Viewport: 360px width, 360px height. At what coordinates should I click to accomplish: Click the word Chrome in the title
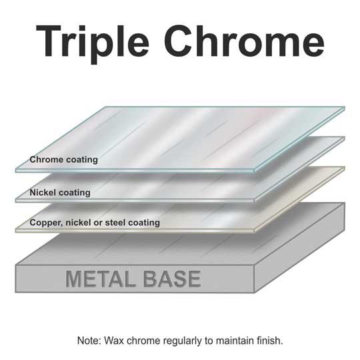(244, 41)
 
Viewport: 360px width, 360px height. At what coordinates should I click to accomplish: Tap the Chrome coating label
(63, 159)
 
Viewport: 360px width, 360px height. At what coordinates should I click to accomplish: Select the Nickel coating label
(60, 193)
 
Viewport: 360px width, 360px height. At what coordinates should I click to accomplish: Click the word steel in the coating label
(115, 222)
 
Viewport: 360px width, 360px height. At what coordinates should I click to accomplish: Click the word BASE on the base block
(172, 279)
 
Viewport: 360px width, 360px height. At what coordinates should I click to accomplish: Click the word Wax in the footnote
(114, 341)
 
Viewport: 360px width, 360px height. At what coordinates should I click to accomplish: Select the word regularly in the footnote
(183, 341)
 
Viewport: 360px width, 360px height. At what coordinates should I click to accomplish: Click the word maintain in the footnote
(235, 341)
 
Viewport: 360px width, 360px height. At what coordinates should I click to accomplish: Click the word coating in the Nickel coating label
(75, 193)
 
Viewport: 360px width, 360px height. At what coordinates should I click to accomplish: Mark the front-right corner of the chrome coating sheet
(254, 171)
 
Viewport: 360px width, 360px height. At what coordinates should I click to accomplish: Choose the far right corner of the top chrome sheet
(345, 107)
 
